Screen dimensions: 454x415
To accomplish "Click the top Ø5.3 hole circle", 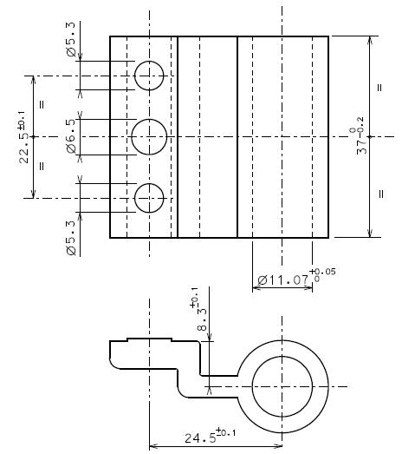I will (x=149, y=76).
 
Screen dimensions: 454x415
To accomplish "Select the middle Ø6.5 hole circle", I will (x=149, y=136).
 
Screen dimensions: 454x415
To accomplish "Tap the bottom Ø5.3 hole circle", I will (x=149, y=198).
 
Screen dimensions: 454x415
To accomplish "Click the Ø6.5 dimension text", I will (x=70, y=136).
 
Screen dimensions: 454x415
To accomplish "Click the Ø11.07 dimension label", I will (x=283, y=280).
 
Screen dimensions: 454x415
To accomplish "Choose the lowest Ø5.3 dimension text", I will (x=70, y=236).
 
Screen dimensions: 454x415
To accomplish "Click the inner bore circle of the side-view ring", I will (x=283, y=382).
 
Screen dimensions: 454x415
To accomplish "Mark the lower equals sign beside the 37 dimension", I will (x=379, y=193).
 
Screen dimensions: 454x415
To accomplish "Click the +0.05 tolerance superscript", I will (x=321, y=272).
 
